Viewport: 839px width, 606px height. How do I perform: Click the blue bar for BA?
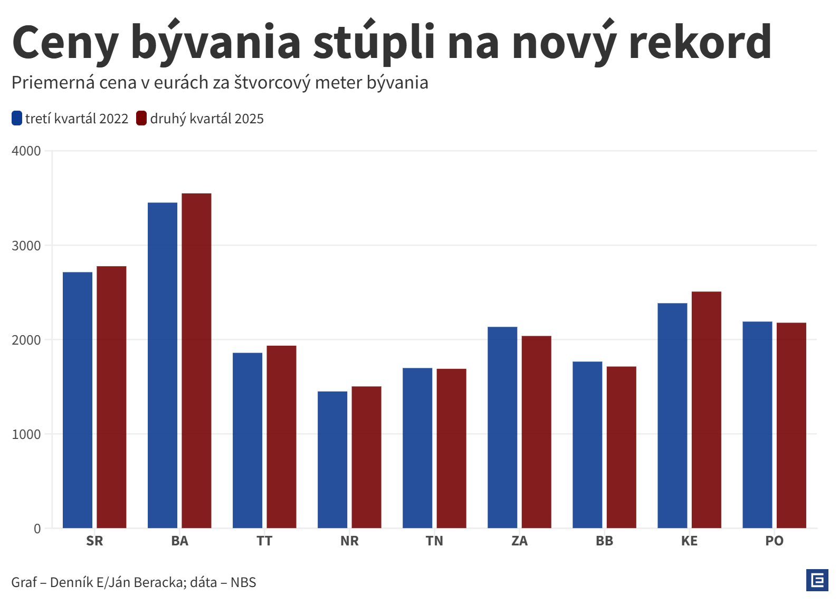coord(163,365)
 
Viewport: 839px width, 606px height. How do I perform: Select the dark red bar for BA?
coord(196,360)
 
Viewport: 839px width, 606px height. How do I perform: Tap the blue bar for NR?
coord(332,460)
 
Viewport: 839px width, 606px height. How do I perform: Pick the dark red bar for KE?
coord(706,409)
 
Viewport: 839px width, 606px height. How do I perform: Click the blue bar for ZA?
coord(502,427)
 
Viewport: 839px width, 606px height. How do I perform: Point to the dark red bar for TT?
coord(281,437)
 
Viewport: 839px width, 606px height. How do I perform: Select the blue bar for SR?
coord(78,400)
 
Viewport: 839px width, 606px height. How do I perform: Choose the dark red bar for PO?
coord(791,425)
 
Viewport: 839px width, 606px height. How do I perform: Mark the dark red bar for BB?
coord(621,447)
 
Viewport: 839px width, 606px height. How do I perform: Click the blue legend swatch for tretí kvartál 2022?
coord(17,119)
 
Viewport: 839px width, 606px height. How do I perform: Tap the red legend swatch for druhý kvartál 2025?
coord(141,119)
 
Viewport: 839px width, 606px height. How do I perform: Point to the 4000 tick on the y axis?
coord(26,151)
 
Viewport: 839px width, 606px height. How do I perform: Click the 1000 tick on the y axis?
coord(26,434)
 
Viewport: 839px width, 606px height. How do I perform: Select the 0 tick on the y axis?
coord(37,529)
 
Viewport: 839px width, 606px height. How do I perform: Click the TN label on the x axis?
coord(434,541)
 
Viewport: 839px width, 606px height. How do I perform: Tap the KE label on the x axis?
coord(689,541)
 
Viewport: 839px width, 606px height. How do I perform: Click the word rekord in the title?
coord(700,42)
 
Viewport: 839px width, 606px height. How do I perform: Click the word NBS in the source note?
coord(243,582)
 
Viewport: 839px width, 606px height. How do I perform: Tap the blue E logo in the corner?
coord(817,580)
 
